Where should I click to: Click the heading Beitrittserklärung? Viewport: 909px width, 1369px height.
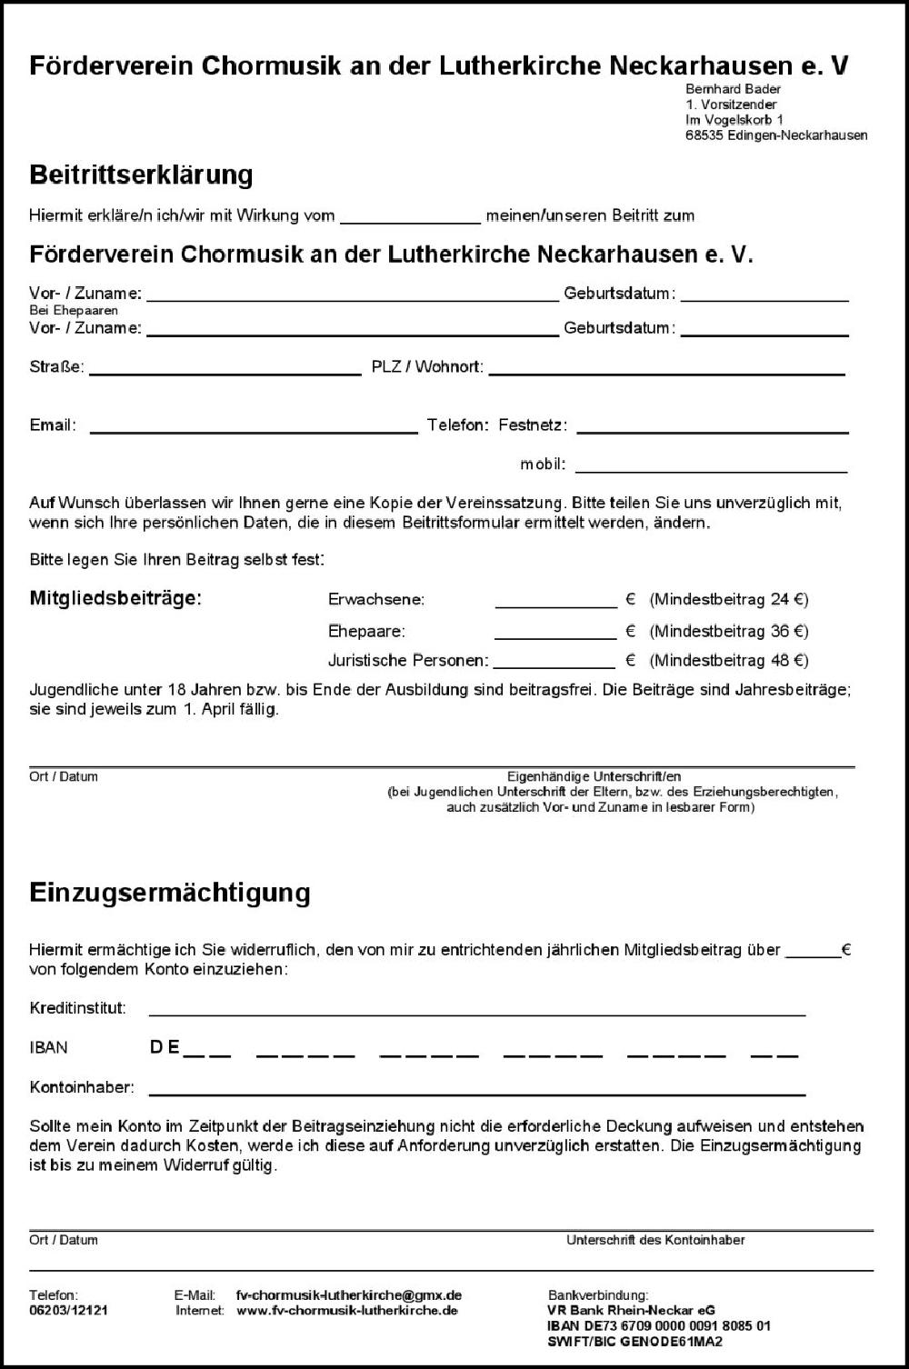pos(141,175)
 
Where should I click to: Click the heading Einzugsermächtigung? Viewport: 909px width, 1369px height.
pos(170,892)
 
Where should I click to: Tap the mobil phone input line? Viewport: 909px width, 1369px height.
pos(711,465)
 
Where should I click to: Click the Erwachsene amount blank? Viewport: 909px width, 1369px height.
pos(555,600)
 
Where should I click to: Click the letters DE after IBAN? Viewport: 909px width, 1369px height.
pos(165,1047)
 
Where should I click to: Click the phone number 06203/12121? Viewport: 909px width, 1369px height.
pos(68,1311)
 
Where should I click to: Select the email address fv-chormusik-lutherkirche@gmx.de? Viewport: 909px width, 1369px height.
pos(348,1295)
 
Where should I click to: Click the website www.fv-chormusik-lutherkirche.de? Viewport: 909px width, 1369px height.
pos(346,1311)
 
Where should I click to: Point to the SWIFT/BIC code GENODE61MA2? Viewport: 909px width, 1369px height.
pos(671,1342)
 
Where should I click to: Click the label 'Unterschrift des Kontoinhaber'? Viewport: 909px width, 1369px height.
pos(655,1240)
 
